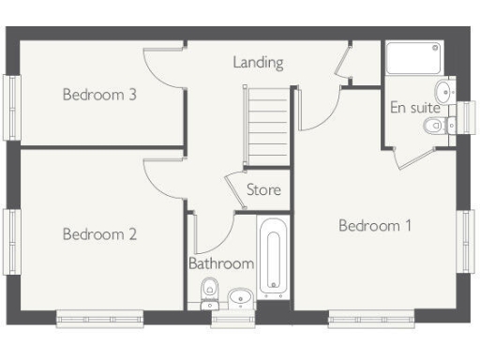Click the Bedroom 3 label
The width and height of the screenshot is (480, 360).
pos(100,94)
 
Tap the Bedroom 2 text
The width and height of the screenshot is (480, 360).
pos(100,234)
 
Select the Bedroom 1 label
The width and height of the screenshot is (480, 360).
pos(375,226)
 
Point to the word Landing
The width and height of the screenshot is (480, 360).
pos(259,63)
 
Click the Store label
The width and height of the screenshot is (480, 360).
pos(263,190)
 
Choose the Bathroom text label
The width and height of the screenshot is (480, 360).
pos(221,264)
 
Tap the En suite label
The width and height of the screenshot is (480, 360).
pos(415,107)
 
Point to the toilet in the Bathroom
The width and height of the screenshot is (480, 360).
pos(210,292)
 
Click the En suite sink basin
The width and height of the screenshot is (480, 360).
pos(447,91)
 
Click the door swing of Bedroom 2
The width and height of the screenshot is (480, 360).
pos(161,177)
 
